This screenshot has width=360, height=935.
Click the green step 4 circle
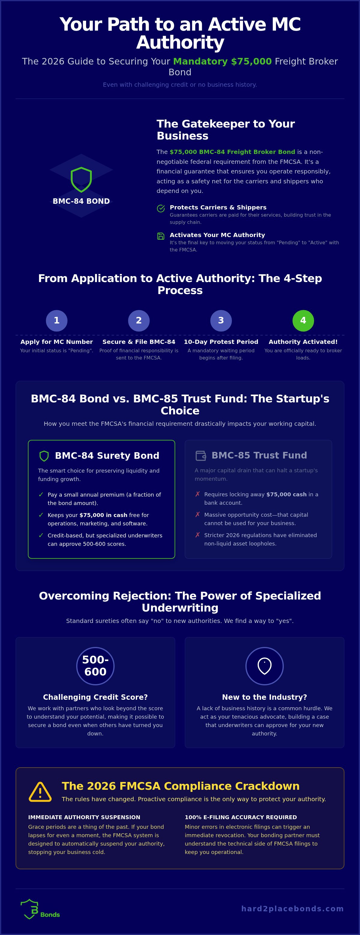tap(303, 320)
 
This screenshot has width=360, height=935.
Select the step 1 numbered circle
tap(57, 320)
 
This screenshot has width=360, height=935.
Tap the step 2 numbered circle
tap(139, 320)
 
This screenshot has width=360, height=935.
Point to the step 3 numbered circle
tap(221, 320)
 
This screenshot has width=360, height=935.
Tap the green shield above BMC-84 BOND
tap(81, 180)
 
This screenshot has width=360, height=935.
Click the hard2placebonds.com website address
tap(292, 909)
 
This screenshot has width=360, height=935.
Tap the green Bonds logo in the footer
tap(40, 909)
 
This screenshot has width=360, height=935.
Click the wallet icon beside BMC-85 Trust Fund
tap(201, 455)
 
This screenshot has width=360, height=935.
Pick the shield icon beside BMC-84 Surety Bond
tap(44, 456)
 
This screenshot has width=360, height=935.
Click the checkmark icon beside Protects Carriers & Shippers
tap(161, 208)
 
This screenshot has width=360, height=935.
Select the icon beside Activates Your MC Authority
tap(161, 236)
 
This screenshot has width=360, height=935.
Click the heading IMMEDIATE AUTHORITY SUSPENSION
tap(84, 817)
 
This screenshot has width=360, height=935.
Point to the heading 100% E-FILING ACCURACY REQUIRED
tap(241, 817)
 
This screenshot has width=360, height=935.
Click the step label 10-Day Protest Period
tap(221, 341)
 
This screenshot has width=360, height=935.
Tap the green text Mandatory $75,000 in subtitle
tap(223, 61)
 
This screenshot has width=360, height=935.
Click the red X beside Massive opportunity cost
tap(197, 514)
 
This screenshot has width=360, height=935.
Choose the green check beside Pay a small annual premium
tap(41, 495)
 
